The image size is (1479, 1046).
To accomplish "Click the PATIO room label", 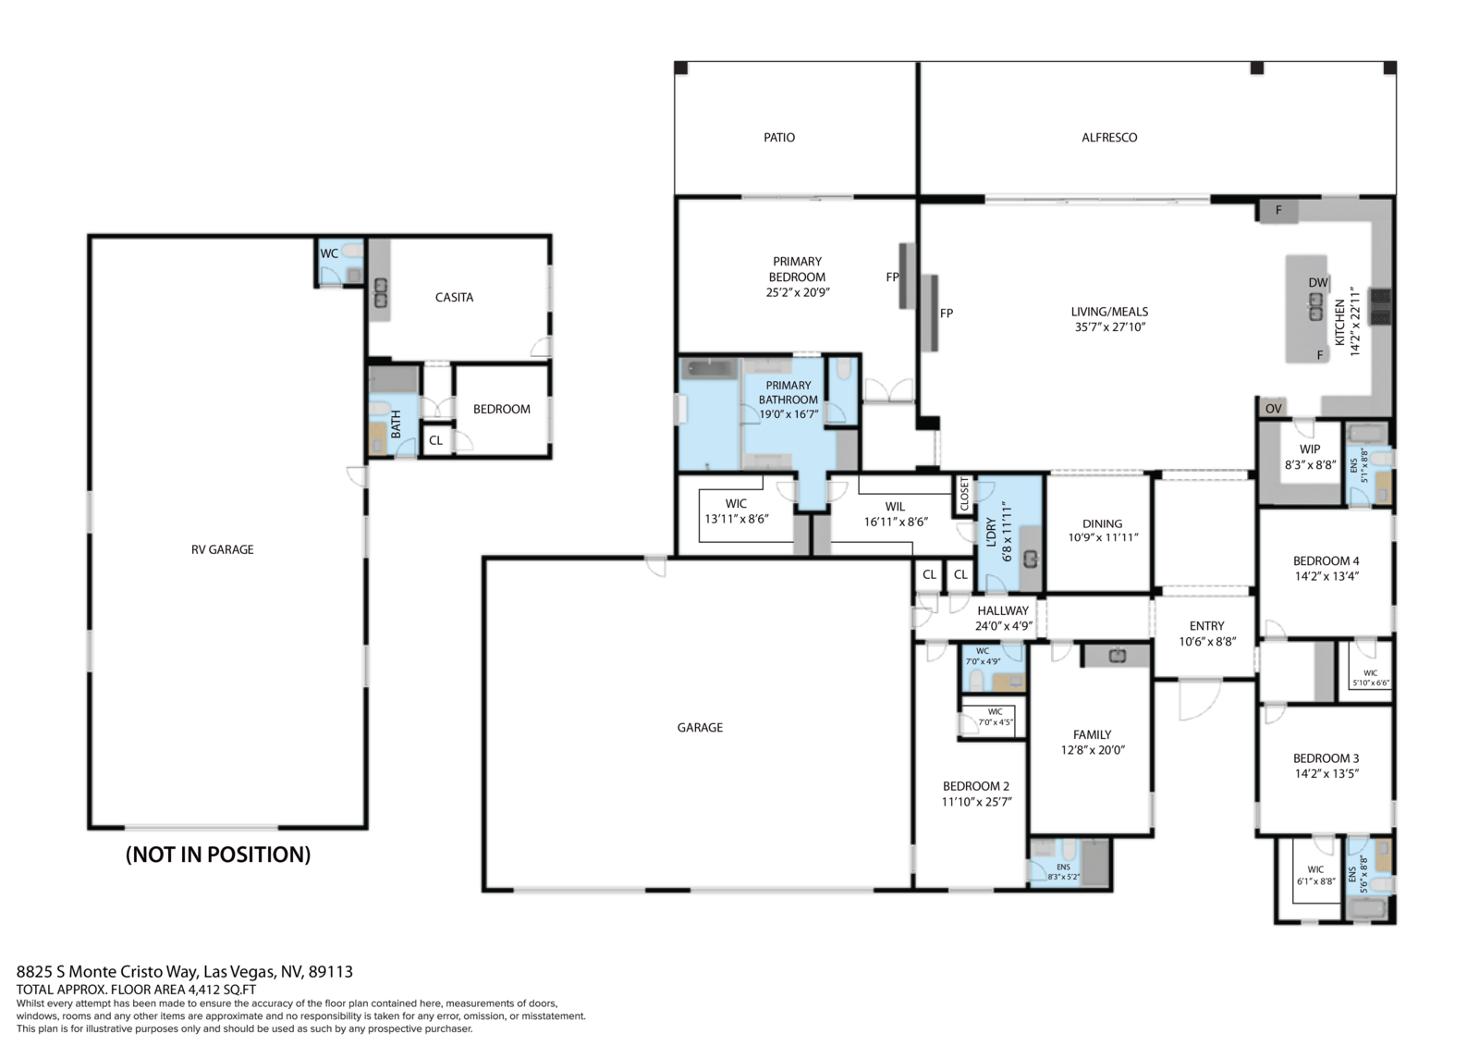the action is point(779,138).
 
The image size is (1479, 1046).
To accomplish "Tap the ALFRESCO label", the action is point(1109,138).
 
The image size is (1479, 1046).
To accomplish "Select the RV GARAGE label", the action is point(223,549).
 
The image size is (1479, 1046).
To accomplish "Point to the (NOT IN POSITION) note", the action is point(218,855).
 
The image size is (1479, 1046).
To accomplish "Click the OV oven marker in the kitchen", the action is point(1273,409).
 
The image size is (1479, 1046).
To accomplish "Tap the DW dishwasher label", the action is point(1318,282).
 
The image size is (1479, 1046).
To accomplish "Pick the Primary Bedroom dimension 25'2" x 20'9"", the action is point(798,292).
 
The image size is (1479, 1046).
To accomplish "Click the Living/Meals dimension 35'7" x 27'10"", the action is point(1110,326).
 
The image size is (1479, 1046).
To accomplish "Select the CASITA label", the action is point(454,298).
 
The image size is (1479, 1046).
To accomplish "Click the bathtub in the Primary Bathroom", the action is point(709,368).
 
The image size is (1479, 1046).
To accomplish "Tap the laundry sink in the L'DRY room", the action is point(1031,559).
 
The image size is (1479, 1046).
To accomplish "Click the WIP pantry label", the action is point(1310,449).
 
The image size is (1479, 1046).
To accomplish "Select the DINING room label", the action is point(1102,523).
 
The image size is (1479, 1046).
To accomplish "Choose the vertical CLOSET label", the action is point(964,494).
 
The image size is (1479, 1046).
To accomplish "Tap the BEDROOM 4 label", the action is point(1326,561).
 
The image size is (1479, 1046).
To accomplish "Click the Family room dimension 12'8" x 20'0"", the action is point(1093,750).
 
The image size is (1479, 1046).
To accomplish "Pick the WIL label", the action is point(896,506).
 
